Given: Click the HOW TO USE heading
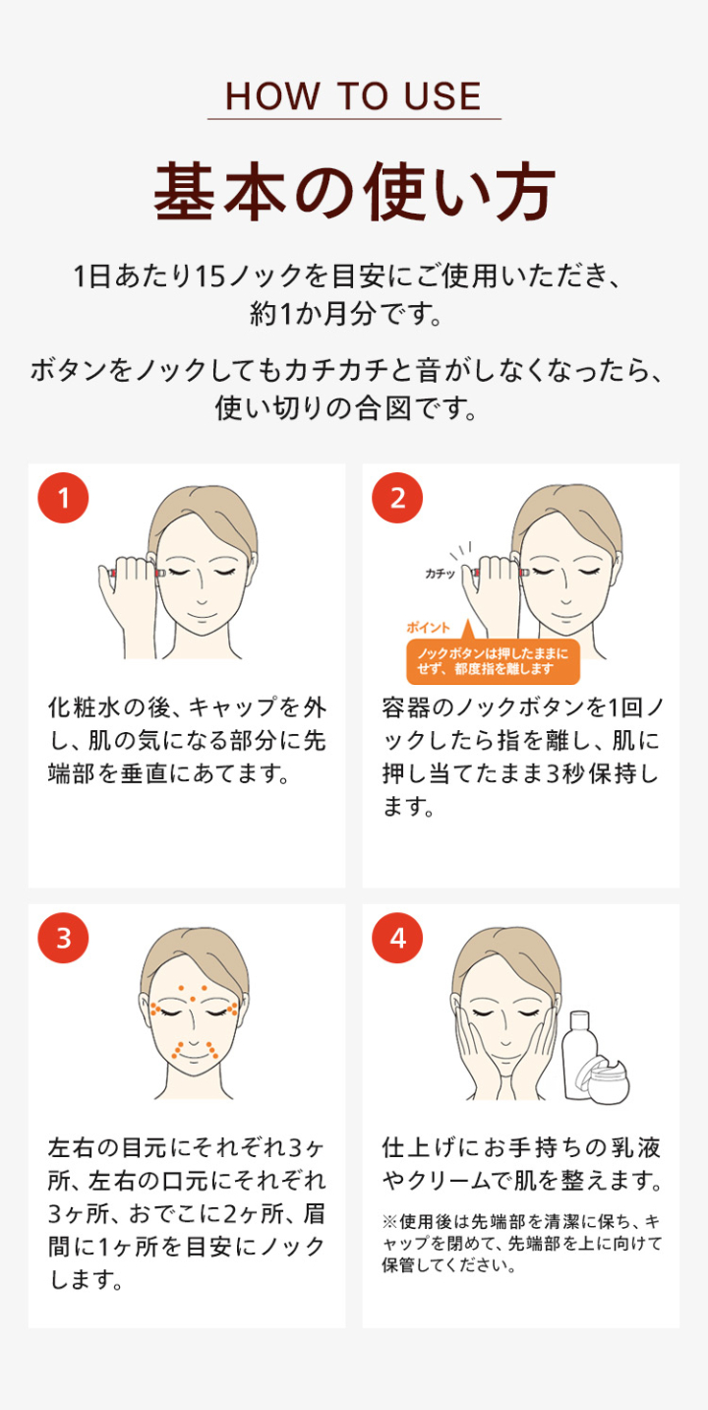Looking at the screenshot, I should pos(353,96).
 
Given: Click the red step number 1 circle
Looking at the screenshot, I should pos(63,498).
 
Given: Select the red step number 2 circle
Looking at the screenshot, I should pos(397,498).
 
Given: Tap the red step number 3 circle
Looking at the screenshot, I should pos(63,938).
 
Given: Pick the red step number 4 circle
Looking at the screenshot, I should pos(397,938).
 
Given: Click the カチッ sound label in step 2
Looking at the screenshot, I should pos(440,574).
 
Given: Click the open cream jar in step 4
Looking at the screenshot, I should pos(604,1076).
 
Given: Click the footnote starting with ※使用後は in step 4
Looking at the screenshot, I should pos(520,1243).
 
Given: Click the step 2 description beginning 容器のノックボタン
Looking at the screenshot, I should pos(520,757).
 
